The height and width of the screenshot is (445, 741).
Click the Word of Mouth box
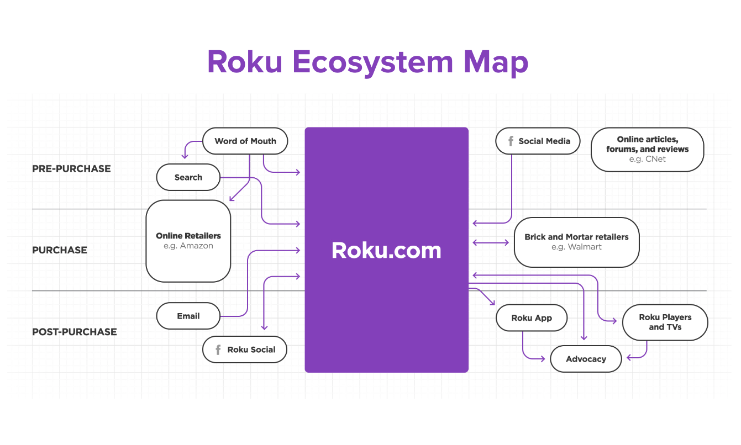point(245,141)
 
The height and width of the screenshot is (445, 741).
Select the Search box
point(188,178)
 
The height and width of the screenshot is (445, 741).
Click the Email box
point(188,316)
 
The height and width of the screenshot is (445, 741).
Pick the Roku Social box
point(245,349)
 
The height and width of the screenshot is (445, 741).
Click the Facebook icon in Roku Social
point(218,349)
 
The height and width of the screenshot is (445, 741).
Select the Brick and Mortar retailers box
point(576,242)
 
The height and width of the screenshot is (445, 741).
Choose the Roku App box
point(532,318)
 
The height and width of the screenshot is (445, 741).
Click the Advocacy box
point(586,359)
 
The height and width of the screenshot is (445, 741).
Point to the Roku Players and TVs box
point(665,322)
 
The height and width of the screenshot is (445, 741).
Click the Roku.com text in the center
point(386,250)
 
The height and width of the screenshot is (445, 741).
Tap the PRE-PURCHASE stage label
point(71,169)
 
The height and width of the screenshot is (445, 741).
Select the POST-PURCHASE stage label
point(75,332)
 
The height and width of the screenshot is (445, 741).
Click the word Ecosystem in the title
point(373,62)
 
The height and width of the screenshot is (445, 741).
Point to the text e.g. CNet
point(647,159)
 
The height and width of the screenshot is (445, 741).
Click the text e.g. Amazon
point(188,246)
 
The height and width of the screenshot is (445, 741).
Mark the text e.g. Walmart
point(576,247)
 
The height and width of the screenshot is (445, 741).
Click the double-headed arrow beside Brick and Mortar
point(491,242)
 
